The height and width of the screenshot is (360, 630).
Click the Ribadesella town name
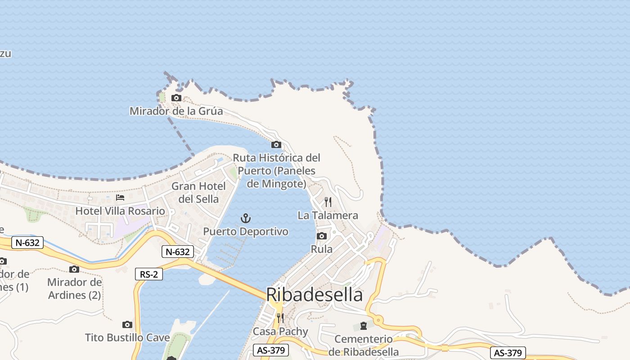[x=314, y=295]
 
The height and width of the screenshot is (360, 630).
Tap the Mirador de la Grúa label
[x=176, y=111]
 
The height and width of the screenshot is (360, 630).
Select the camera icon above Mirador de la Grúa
[x=176, y=98]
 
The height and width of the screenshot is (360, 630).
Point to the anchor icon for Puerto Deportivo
[x=245, y=219]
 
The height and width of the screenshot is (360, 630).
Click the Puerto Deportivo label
[x=245, y=232]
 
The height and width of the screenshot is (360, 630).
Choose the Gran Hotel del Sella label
[x=198, y=193]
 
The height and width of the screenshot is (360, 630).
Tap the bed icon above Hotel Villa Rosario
[x=120, y=198]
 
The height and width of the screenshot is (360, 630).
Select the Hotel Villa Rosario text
[x=120, y=211]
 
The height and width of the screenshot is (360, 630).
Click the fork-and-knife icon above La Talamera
[x=328, y=202]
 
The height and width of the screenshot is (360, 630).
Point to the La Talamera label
[x=328, y=216]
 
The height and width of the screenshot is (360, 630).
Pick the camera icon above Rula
[x=321, y=236]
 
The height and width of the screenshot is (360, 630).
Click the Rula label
[x=322, y=249]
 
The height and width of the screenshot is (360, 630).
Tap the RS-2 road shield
[x=149, y=274]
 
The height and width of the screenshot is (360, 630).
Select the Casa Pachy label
[x=280, y=332]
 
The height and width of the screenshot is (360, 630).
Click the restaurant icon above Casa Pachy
[x=280, y=318]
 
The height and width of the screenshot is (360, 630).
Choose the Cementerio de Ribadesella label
[x=364, y=345]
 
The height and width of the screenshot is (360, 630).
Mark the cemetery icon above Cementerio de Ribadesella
[x=363, y=326]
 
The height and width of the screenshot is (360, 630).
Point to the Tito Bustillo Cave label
[x=127, y=337]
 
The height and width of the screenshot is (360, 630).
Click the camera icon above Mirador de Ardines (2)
[x=74, y=269]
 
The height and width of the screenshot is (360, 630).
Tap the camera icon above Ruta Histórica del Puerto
[x=276, y=144]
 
